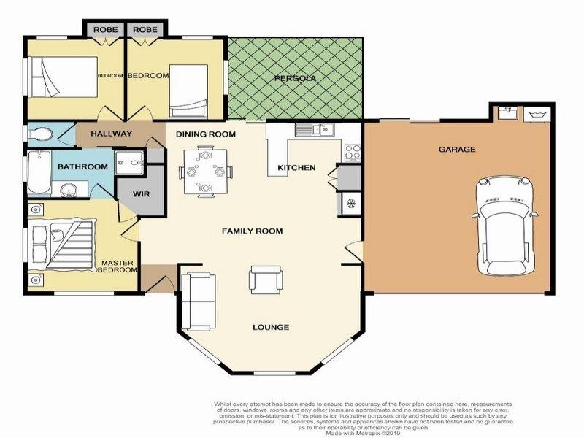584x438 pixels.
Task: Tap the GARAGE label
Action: [457, 149]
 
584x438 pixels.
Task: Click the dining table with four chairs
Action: [206, 172]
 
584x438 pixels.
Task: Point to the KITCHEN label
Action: [296, 168]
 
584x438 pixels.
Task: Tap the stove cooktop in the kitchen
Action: [351, 153]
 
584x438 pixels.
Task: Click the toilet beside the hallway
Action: [42, 134]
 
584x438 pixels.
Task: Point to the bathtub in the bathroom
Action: [38, 172]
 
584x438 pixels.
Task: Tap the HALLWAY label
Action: [111, 134]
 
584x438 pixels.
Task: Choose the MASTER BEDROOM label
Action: [119, 266]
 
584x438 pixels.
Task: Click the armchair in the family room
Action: [266, 279]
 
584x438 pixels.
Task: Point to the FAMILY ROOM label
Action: [252, 231]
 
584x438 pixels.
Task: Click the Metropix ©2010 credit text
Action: [363, 431]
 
